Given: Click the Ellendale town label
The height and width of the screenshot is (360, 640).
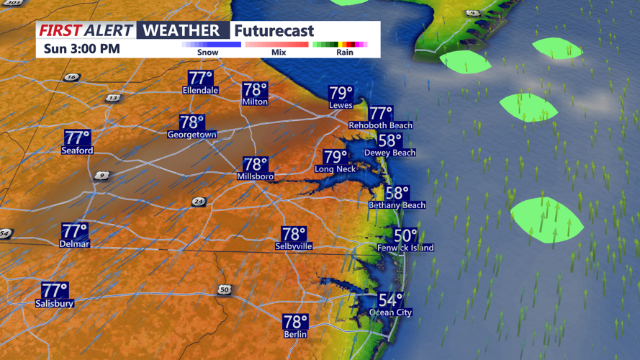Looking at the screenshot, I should pos(200,91).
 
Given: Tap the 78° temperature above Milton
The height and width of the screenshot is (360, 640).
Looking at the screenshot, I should pos(255,90).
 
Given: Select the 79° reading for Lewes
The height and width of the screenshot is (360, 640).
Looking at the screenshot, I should pos(341,94).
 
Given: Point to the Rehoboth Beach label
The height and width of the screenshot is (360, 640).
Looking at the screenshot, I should pos(380,125).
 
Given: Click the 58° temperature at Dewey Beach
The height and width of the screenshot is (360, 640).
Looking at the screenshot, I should pos(389,140).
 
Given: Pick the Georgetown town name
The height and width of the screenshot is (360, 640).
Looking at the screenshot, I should pos(191,135).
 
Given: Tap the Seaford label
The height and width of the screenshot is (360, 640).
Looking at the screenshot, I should pos(77,150).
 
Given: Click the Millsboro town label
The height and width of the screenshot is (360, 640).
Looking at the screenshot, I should pos(255,176).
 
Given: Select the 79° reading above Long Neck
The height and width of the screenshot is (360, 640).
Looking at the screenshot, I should pos(335,157).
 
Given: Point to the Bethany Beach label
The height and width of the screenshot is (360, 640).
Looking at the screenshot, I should pos(397,205).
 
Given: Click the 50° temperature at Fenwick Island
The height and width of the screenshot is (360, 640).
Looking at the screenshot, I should pos(405,236).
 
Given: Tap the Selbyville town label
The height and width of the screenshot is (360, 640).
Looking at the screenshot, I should pos(294,246).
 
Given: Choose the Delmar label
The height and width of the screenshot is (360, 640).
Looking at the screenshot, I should pos(74,244).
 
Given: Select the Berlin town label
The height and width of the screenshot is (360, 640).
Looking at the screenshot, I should pos(295,334).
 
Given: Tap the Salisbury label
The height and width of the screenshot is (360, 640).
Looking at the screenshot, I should pos(55,304).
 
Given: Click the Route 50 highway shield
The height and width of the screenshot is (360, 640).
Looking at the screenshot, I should pos(225,289).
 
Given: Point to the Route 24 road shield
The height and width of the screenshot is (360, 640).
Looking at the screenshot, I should pos(199,203).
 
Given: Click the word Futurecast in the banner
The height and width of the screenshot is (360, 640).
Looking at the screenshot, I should pos(274,31).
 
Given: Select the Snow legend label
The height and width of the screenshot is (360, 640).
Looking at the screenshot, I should pos(208,53).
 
